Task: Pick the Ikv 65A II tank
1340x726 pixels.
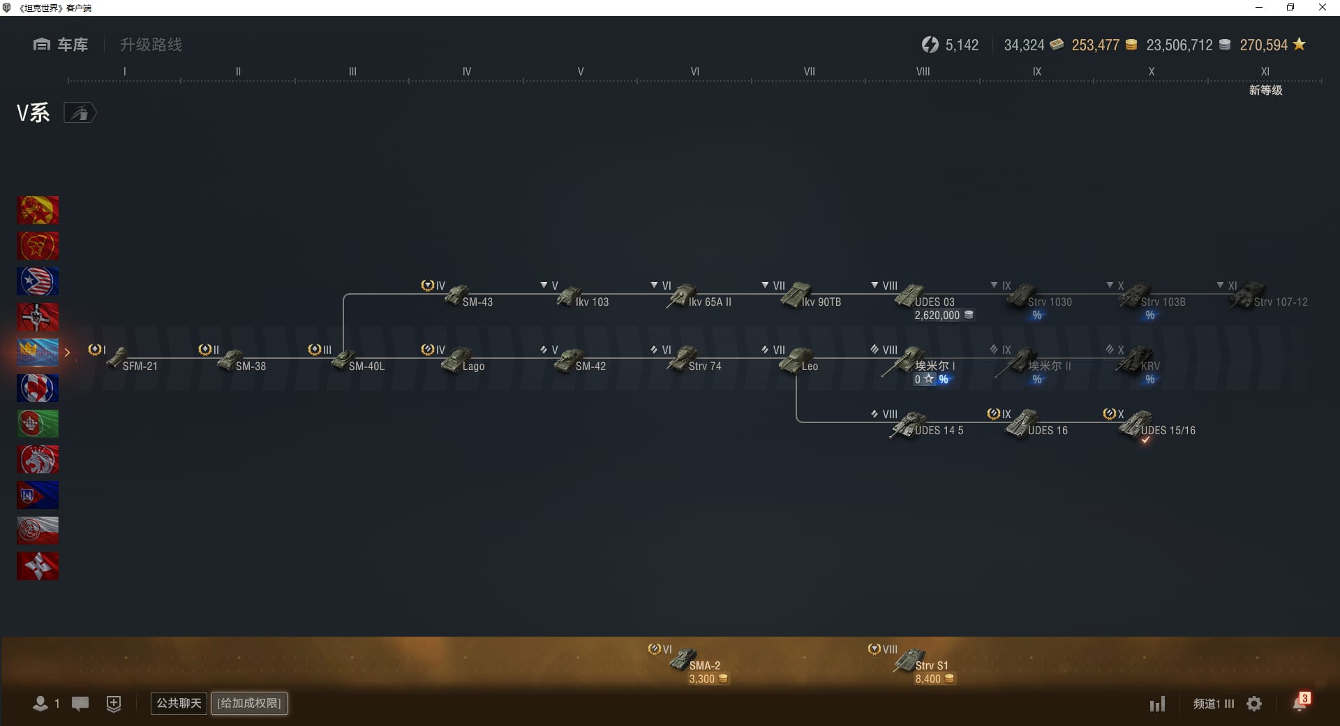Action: pos(698,297)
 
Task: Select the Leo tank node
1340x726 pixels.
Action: pos(798,362)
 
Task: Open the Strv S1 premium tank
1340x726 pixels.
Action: pos(921,662)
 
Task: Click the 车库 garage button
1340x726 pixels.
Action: pos(61,45)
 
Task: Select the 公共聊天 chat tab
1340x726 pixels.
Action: pos(179,703)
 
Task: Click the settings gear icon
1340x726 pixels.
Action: pos(1254,704)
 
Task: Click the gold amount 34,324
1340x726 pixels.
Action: pos(1025,45)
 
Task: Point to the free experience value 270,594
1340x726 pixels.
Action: pos(1263,45)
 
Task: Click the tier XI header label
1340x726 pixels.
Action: pos(1265,71)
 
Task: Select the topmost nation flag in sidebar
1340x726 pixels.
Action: pos(38,210)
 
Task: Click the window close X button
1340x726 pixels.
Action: pos(1322,8)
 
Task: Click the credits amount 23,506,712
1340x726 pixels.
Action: pos(1179,45)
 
